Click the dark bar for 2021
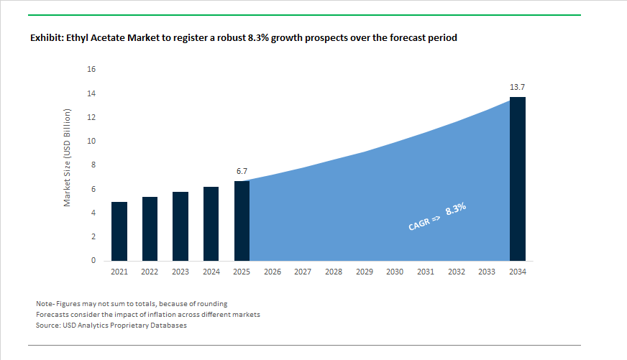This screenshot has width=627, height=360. (x=119, y=231)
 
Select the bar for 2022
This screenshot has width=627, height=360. (x=150, y=229)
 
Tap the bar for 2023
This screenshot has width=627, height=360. (x=180, y=226)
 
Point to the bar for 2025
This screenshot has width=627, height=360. (x=242, y=221)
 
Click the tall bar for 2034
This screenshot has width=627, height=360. (x=518, y=179)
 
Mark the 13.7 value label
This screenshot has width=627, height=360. (x=518, y=87)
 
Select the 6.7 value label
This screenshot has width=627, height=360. (x=242, y=172)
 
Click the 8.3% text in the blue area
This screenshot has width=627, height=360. (x=456, y=209)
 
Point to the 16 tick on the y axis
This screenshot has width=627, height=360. (x=91, y=70)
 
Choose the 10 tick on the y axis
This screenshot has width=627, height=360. (x=91, y=142)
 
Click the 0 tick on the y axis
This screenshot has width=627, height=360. (x=93, y=261)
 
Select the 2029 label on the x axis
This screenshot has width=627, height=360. (x=364, y=272)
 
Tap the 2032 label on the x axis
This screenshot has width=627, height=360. (x=456, y=272)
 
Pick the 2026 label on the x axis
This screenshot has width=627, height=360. (x=273, y=272)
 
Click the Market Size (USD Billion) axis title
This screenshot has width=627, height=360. (x=68, y=158)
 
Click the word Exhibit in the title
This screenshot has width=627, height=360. (x=47, y=37)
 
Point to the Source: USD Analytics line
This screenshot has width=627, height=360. (x=111, y=326)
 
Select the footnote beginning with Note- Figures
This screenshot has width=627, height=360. (x=132, y=304)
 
